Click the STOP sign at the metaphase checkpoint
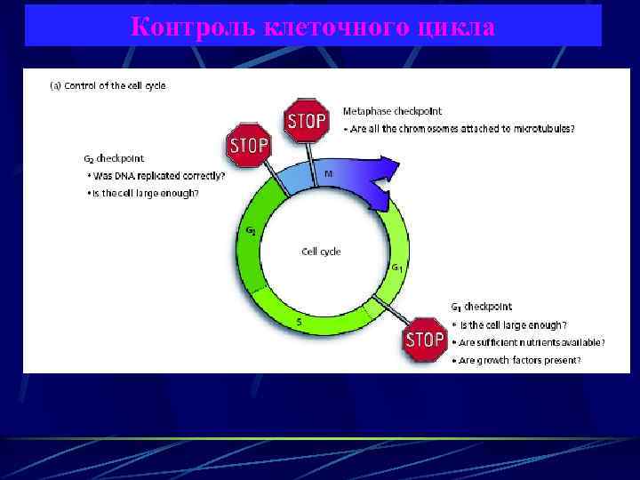(x=307, y=120)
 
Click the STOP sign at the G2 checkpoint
(x=249, y=146)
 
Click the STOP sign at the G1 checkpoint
(x=424, y=339)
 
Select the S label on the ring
(x=299, y=322)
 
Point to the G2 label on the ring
(x=252, y=231)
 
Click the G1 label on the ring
(x=396, y=267)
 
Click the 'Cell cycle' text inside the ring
(x=321, y=252)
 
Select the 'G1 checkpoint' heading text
(x=481, y=308)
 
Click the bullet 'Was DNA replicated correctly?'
(x=156, y=176)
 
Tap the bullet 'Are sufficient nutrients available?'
(x=532, y=342)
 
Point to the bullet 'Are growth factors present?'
(x=520, y=360)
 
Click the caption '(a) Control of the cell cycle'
(x=107, y=86)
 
